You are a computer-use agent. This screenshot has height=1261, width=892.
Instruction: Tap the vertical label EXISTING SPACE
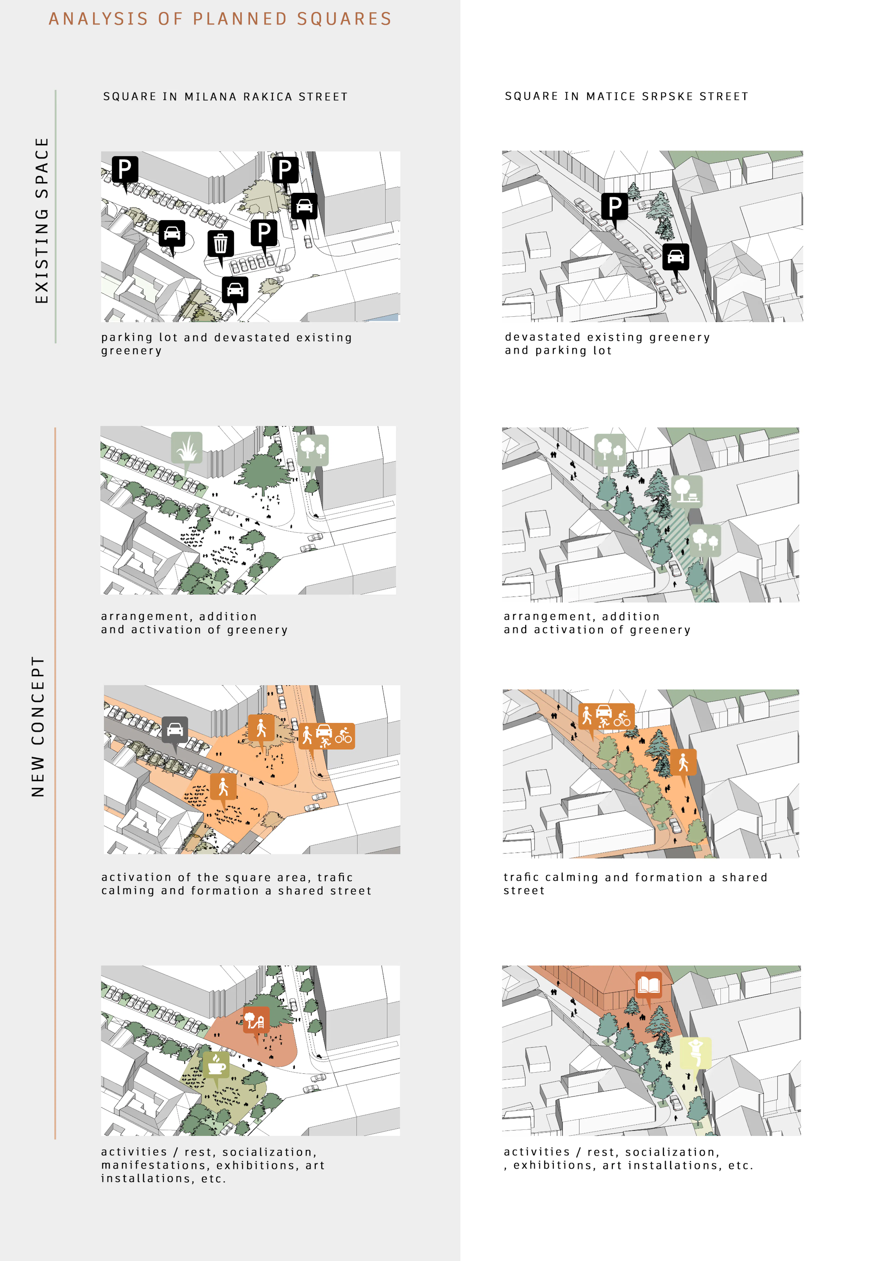(x=42, y=220)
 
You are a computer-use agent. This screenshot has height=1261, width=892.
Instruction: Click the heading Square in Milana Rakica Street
(x=225, y=97)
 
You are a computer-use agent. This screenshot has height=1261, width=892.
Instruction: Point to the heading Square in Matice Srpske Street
(x=626, y=96)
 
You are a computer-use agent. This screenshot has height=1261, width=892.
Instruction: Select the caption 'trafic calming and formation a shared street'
(x=635, y=884)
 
